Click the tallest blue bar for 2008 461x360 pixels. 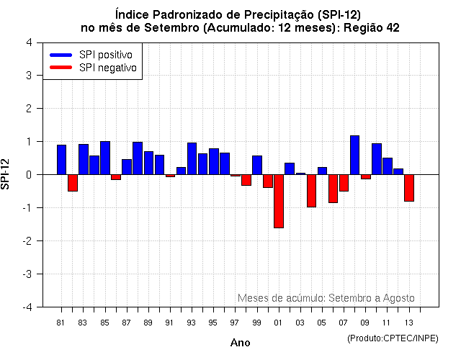click(354, 155)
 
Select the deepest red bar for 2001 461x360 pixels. click(279, 201)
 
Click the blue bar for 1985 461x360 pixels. click(105, 158)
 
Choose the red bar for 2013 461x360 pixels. click(409, 188)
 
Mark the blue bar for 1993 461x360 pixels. click(192, 158)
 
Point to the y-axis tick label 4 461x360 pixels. click(28, 42)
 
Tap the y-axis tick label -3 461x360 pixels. click(27, 274)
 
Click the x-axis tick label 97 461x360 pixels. click(235, 323)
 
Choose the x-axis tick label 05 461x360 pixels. click(322, 323)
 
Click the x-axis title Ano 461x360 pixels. click(240, 343)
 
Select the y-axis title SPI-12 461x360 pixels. click(7, 174)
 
